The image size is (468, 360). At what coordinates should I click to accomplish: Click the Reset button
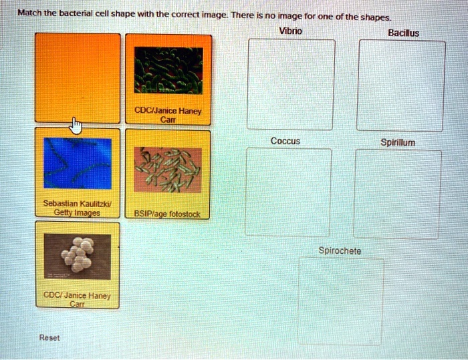point(49,338)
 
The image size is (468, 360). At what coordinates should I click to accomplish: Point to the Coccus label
point(285,141)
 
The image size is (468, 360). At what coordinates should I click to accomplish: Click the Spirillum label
point(398,142)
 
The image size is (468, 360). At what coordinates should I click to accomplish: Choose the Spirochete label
point(340,250)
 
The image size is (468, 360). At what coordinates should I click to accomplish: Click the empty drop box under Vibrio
point(291,84)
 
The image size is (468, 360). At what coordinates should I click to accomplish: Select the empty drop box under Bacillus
point(401,85)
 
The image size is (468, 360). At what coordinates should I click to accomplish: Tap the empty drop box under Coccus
point(287,192)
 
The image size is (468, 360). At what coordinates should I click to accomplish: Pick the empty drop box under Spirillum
point(398,194)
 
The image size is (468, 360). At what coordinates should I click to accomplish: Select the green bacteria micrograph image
point(168,70)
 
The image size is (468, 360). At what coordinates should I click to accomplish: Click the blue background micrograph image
point(78,164)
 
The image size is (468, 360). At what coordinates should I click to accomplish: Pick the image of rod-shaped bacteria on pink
point(168,170)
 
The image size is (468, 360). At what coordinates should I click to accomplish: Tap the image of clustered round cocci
point(77,256)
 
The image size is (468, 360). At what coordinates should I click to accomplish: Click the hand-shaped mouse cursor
point(76,125)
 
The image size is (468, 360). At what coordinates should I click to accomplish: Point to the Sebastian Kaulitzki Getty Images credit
point(72,208)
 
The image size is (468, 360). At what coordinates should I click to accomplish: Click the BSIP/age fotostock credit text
point(168,214)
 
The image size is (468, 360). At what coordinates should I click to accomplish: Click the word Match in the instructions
point(29,13)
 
